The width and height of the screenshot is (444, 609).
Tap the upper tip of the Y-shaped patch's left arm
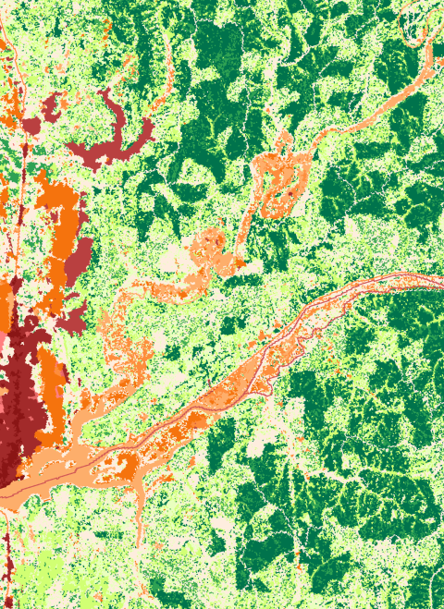(x=105, y=93)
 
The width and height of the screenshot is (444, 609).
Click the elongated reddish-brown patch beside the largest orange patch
(x=81, y=254)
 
